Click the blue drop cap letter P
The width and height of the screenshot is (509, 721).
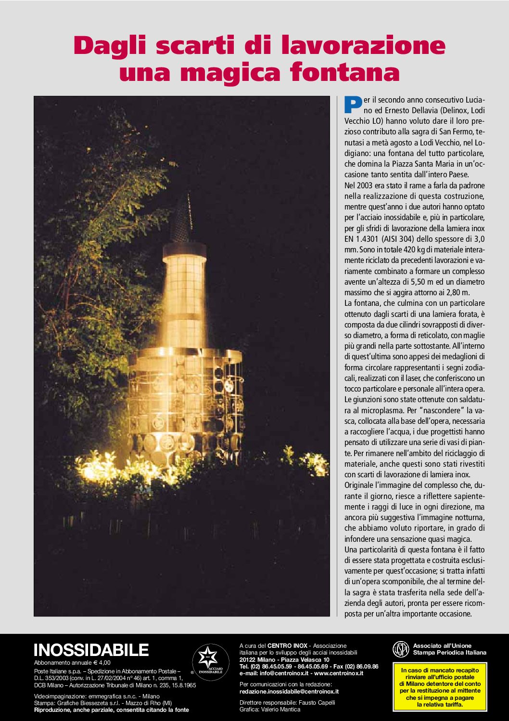pos(353,105)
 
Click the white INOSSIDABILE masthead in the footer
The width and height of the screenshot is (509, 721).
pos(91,650)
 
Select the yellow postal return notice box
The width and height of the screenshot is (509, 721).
pos(440,687)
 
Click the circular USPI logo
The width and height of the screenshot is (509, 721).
pos(400,649)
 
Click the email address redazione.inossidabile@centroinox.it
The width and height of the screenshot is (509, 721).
pos(289,691)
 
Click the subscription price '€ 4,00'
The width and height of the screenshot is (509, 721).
pos(102,663)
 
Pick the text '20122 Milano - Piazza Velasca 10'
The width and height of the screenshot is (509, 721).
pos(284,660)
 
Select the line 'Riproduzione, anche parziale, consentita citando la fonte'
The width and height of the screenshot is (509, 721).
pos(111,709)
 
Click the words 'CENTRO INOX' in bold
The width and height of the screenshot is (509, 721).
pos(287,645)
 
